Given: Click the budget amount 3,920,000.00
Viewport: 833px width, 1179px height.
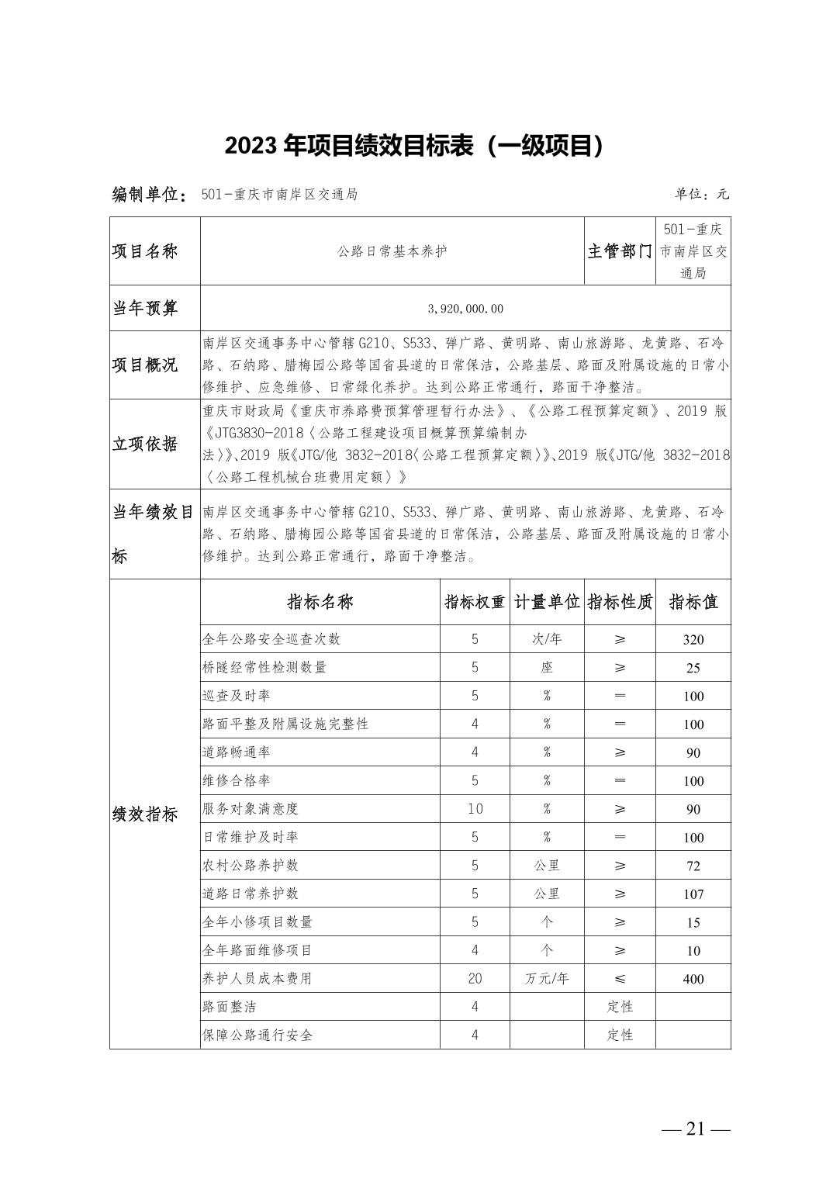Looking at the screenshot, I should (465, 309).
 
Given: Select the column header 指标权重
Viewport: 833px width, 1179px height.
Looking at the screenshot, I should (475, 602).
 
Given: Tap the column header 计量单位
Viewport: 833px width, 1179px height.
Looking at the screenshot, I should (547, 602).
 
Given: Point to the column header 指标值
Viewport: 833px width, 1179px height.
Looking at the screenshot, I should (693, 602).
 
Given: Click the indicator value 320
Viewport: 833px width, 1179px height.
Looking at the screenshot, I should (693, 639).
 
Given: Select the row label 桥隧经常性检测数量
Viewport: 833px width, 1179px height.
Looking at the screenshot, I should (264, 667).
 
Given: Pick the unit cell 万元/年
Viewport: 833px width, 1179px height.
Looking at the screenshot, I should (547, 979).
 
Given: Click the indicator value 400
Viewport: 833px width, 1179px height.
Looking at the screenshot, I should (693, 979).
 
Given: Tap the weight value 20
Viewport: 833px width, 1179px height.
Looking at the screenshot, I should (475, 979).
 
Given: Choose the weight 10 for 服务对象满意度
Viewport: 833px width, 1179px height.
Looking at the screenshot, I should (475, 809).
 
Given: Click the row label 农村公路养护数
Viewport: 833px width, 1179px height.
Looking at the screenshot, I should (251, 866).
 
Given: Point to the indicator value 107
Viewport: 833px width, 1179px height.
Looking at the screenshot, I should (693, 894).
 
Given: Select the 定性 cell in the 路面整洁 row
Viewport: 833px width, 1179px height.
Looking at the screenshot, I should (620, 1007).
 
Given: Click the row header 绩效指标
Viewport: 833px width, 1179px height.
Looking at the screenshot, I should (146, 814).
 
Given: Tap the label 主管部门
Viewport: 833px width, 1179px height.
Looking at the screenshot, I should (620, 251).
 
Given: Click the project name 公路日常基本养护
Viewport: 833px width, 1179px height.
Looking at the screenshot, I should (392, 251).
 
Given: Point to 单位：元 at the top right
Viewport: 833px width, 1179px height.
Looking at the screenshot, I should (702, 195).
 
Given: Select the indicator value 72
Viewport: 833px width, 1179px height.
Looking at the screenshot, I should (693, 866).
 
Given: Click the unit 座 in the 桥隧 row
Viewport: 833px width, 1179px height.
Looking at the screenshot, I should (547, 667).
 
